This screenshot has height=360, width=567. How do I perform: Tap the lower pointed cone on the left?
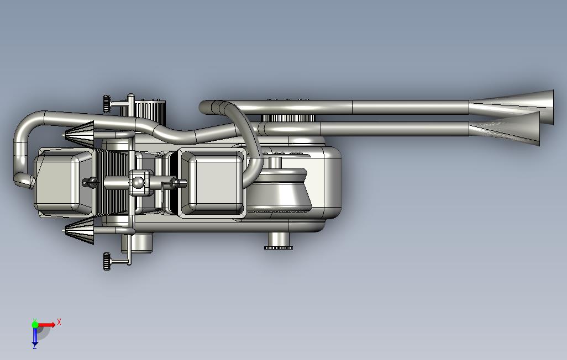coord(80,231)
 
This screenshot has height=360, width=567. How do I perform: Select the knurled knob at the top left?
coord(107,104)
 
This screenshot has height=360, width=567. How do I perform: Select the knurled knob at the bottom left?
coord(107,261)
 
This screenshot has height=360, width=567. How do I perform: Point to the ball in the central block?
coord(138,183)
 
